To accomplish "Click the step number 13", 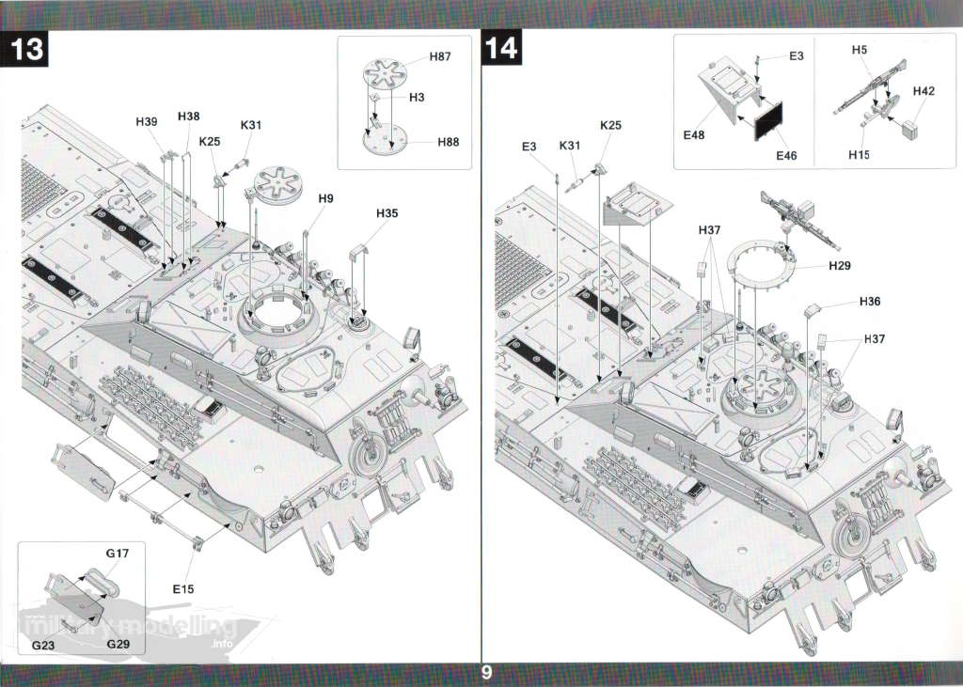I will point(28,49).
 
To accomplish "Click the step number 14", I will point(502,49).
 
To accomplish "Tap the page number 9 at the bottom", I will point(485,673).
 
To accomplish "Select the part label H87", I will point(440,57).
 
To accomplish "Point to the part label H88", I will point(448,142).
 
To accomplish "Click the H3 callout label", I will point(417,98).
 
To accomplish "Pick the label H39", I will point(146,122).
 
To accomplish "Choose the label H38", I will point(188,117).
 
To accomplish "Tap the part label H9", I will point(325,198).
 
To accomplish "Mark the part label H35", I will point(387,213).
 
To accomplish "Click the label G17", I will point(117,554).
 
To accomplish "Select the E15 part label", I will point(182,589).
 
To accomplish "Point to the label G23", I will point(43,646).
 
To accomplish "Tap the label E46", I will point(785,156).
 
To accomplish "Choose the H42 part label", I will point(924,91).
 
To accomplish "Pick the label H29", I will point(840,266).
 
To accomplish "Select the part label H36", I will point(870,302).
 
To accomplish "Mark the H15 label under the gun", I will point(858,155).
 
